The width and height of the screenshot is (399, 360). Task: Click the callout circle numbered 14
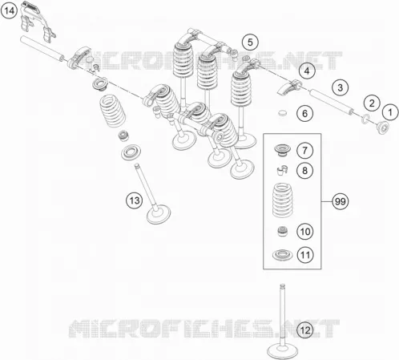pos(10,11)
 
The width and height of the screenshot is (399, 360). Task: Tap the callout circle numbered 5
pos(250,42)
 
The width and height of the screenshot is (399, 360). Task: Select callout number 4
pos(307,71)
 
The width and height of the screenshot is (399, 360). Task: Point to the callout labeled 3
pos(341,87)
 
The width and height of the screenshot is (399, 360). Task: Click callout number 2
pos(372,103)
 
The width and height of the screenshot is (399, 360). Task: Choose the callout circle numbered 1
pos(390,112)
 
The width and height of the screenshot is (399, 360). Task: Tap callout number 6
pos(305,113)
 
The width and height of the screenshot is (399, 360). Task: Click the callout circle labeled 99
pos(341,201)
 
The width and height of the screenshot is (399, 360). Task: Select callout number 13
pos(135,200)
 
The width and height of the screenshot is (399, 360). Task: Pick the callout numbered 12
pos(305,330)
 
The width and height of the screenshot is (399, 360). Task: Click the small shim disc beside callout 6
pos(282,113)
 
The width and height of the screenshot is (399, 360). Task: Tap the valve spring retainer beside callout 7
pos(282,151)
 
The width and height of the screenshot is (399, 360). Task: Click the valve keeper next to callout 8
pos(282,171)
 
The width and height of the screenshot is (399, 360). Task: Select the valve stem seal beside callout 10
pos(283,231)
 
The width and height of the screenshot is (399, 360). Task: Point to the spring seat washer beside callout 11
pos(282,255)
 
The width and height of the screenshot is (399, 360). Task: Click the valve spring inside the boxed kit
pos(282,200)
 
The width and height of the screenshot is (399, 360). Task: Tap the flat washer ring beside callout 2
pos(365,119)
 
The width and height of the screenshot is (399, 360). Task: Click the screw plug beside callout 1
pos(382,127)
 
